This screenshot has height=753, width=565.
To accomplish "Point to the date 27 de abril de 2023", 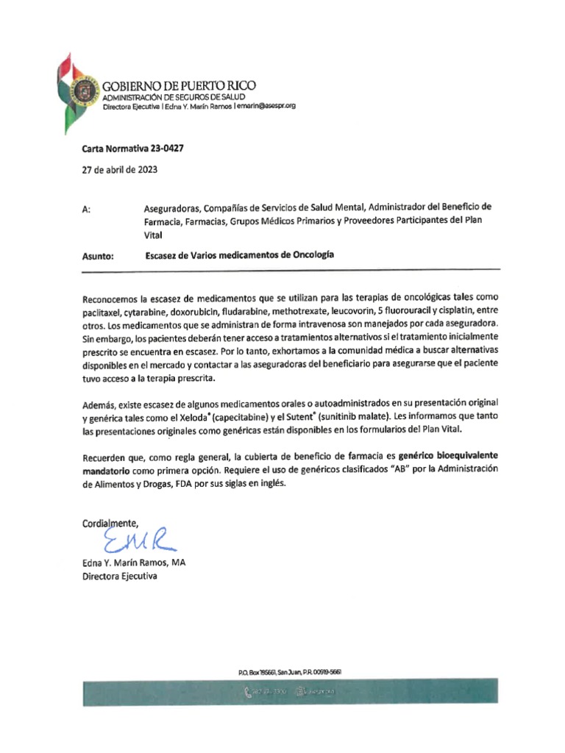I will coord(118,169).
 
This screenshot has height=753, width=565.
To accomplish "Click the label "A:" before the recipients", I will coord(87,210).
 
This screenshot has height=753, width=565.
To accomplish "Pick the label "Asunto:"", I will coord(98,257).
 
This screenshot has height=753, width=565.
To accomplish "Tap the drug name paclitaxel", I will coord(106,312).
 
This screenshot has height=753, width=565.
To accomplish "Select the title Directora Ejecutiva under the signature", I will coord(119,577).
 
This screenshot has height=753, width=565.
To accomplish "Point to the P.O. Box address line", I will coord(289,672).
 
